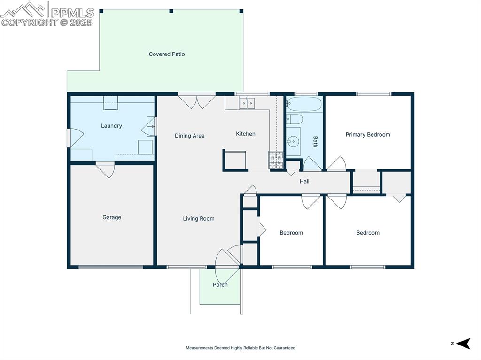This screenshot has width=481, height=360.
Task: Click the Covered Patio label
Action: coord(167,54)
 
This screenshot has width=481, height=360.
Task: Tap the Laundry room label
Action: coord(111,126)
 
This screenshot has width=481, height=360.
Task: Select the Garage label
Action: coord(112,217)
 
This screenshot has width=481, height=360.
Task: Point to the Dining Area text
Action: coord(189,136)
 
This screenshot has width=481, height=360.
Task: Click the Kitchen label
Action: coord(245,134)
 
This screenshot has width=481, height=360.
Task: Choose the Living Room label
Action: coord(199,218)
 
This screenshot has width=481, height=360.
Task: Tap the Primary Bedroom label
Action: coord(368,135)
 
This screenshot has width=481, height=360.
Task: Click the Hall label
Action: coord(304,181)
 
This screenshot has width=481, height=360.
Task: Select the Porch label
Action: coord(220,284)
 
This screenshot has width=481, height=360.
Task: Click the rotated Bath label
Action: coord(315,141)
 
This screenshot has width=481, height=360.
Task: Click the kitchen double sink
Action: coord(247,103)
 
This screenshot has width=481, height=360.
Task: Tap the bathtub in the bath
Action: coord(304,104)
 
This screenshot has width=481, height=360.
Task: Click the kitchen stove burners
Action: coord(276,160)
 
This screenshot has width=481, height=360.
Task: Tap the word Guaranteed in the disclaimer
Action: coord(285,348)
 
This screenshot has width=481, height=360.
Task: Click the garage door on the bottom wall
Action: coord(111,267)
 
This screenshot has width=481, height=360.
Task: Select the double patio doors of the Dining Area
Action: coord(197,100)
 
